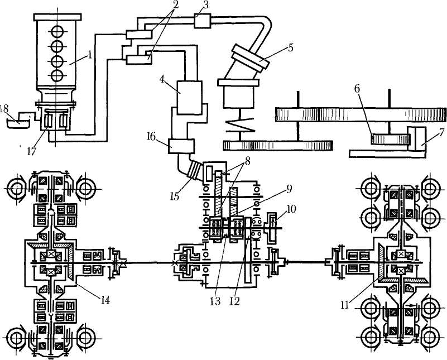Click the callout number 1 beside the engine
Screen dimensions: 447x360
[x=90, y=54]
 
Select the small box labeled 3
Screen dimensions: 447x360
[x=203, y=21]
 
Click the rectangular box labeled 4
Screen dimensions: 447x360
[x=189, y=98]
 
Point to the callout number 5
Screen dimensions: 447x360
[x=290, y=47]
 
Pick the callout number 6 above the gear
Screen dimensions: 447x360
[x=357, y=89]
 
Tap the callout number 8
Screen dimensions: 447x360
[x=247, y=161]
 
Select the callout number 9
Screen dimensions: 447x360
[x=289, y=189]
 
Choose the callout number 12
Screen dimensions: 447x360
[x=234, y=301]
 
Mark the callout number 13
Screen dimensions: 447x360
[x=215, y=301]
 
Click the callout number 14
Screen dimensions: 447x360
[x=104, y=300]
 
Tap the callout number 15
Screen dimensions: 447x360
[x=175, y=196]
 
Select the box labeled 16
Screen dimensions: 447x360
[x=181, y=146]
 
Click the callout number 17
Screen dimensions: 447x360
[x=32, y=151]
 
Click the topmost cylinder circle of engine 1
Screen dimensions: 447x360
[x=57, y=31]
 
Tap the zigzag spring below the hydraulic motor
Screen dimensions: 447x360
[x=240, y=126]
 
